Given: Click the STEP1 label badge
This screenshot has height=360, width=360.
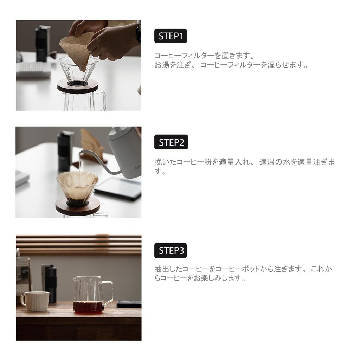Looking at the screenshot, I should (171, 36).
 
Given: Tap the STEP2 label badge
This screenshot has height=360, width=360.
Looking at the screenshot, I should (171, 142).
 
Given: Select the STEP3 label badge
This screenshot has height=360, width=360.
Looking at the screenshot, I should (171, 250).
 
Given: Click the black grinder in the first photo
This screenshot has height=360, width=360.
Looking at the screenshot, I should (42, 42).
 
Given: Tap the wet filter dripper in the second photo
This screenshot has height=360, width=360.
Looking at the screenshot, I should (77, 186).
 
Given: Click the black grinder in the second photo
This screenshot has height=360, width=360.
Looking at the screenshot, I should (65, 149).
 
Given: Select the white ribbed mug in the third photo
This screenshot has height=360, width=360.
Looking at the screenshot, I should (35, 301).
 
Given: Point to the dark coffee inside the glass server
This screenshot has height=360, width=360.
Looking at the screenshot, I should (88, 307).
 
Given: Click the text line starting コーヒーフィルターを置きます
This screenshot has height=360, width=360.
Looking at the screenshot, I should (204, 56).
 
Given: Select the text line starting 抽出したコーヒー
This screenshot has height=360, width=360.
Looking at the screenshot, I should (243, 269).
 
